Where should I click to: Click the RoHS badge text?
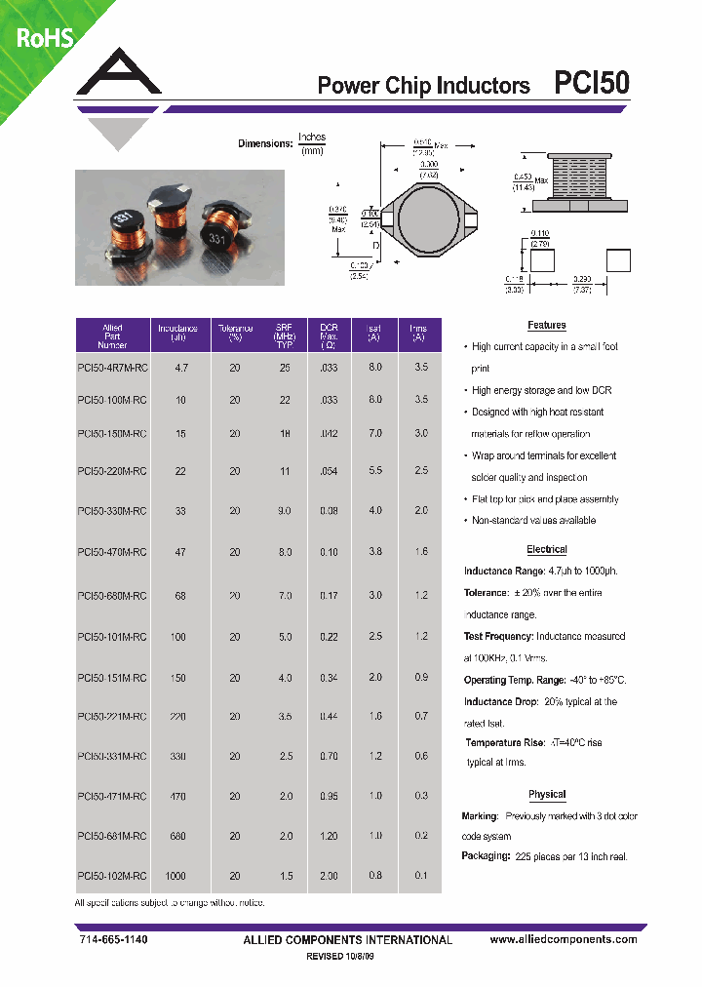(x=44, y=38)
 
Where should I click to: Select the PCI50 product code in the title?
(x=591, y=84)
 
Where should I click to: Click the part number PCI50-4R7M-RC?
(x=112, y=368)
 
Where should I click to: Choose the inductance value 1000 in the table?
(x=175, y=876)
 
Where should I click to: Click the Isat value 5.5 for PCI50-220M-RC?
(x=373, y=470)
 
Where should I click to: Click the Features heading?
(x=546, y=325)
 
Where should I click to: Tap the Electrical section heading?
(x=546, y=550)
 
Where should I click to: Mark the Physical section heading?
(x=546, y=794)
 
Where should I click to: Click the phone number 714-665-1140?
(x=113, y=939)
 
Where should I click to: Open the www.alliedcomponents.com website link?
(x=564, y=939)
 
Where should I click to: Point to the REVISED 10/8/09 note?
(x=339, y=958)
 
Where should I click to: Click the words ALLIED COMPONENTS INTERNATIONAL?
(x=347, y=940)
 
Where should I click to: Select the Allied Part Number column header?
(x=112, y=336)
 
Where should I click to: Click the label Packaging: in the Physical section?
(x=486, y=856)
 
